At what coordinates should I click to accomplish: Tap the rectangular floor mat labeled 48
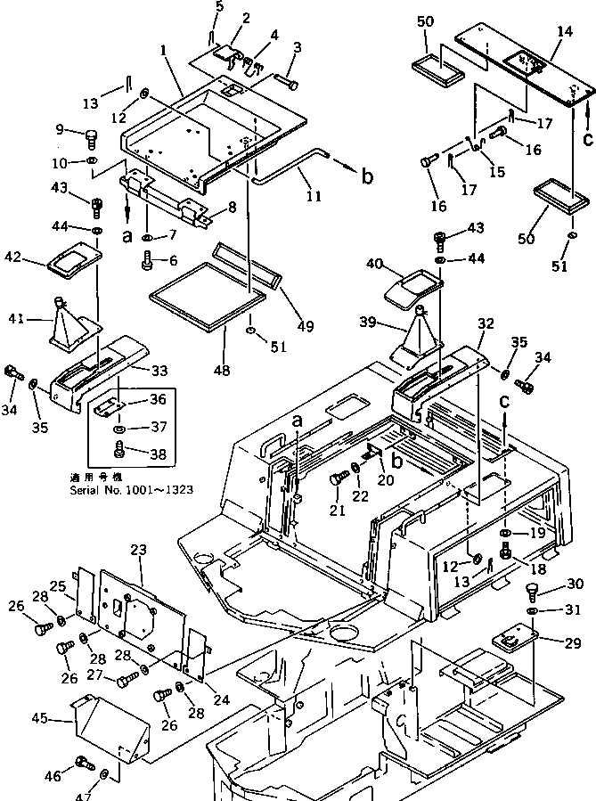[x=207, y=295]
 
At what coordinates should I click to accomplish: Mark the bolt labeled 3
[x=290, y=82]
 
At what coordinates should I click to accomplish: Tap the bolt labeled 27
[x=126, y=679]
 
